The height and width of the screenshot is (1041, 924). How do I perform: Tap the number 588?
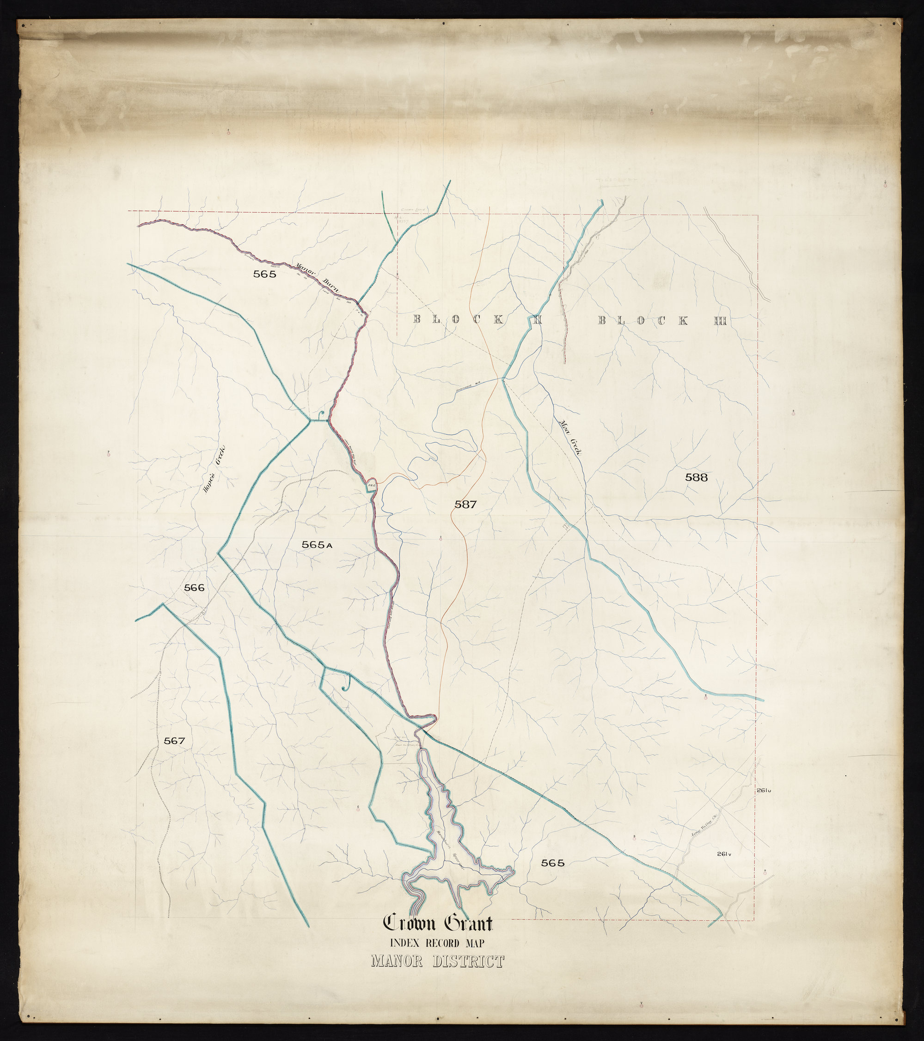tap(696, 477)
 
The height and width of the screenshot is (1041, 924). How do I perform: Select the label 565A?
tap(316, 544)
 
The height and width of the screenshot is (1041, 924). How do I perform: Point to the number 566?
tap(194, 588)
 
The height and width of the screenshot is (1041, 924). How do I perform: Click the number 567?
tap(174, 741)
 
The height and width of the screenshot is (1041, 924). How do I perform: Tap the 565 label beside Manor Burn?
tap(264, 274)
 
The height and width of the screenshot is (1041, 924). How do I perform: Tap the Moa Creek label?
tap(570, 437)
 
